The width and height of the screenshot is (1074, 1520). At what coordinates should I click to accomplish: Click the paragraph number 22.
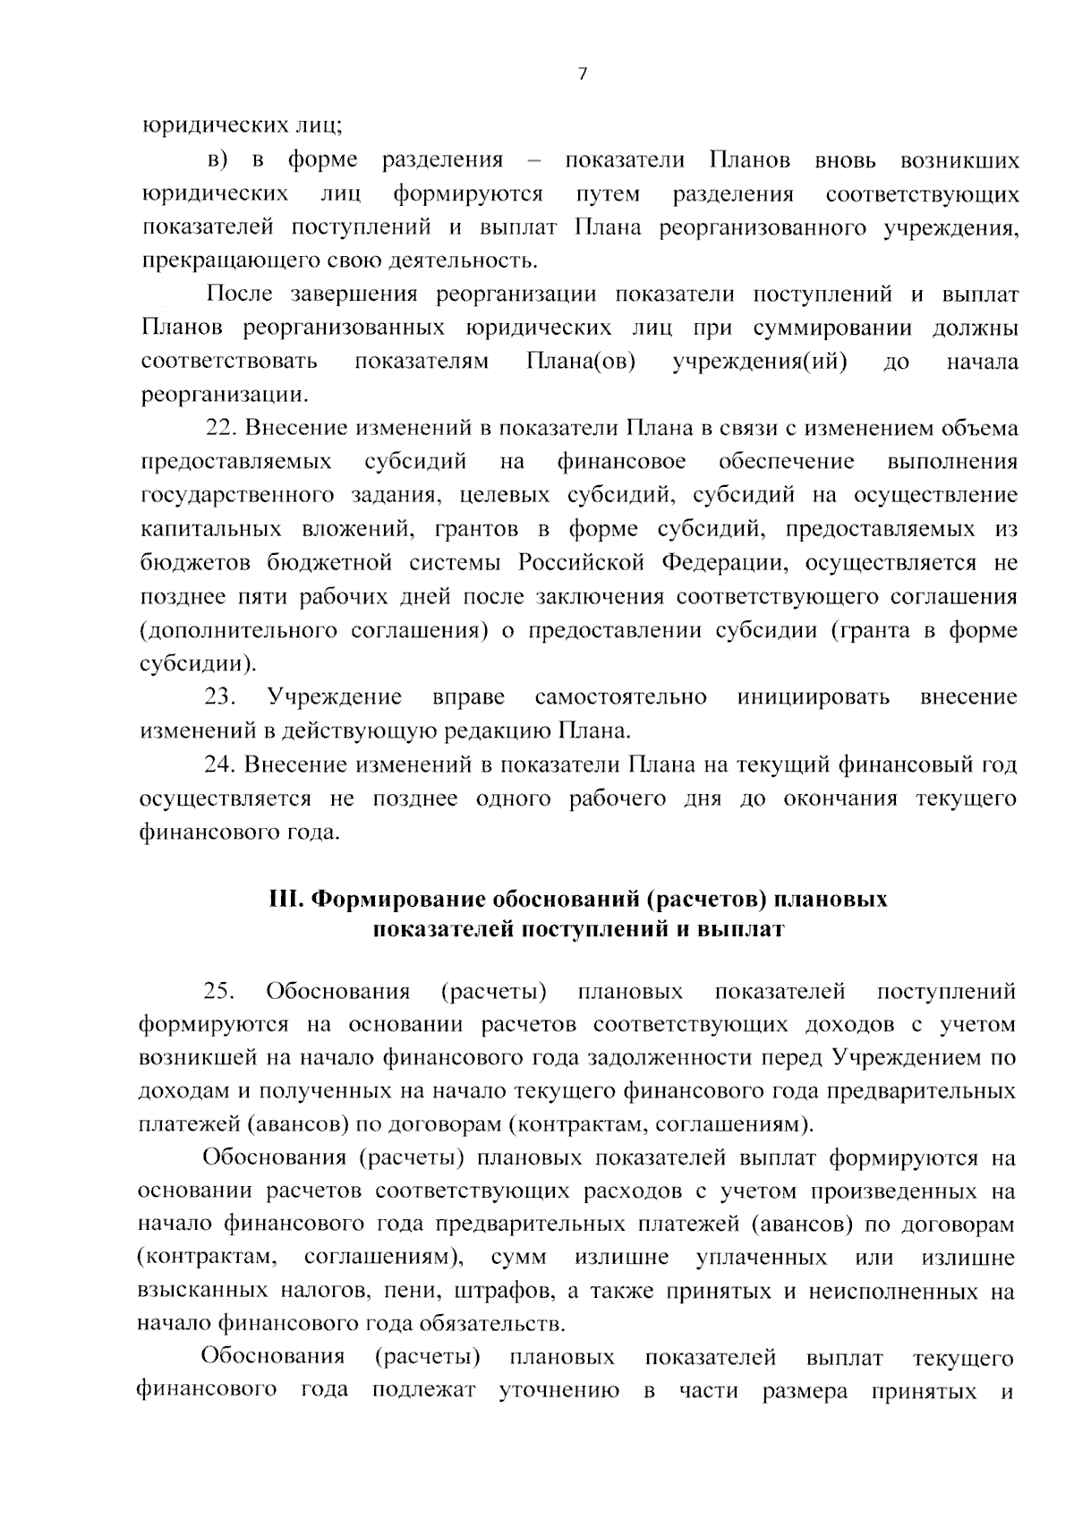point(220,428)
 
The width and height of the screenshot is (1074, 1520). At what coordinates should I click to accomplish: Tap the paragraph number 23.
point(220,696)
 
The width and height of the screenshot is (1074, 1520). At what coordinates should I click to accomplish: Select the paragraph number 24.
point(220,764)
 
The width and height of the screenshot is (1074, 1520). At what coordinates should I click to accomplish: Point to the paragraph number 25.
point(219,991)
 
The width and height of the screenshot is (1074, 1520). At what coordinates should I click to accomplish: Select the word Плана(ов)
point(580,362)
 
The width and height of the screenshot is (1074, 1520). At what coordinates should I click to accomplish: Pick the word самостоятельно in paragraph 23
point(620,696)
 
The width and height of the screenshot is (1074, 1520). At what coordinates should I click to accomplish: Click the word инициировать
point(814,696)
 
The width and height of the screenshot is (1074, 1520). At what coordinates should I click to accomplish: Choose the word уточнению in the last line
point(558,1391)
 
